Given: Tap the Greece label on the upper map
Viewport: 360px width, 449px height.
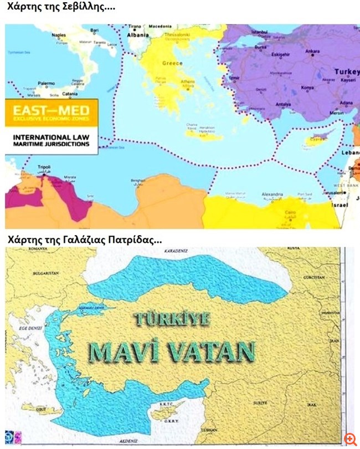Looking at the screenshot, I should point(172,64).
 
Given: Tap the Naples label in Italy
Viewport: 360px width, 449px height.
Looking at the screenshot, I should point(58,34).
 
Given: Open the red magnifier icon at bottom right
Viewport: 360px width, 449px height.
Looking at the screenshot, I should point(350,438).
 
